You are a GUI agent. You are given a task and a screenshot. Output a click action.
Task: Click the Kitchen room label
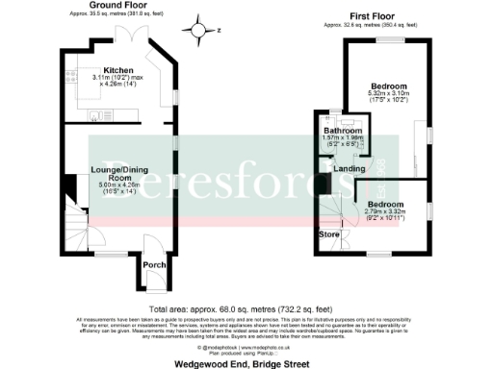(x=118, y=70)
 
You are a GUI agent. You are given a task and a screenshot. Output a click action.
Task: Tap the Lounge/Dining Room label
(x=117, y=174)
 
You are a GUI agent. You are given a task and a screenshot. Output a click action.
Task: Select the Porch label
(x=152, y=265)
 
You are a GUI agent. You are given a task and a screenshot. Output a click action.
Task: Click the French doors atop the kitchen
(x=126, y=34)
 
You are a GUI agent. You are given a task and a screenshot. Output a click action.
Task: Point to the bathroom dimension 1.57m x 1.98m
(x=342, y=142)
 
